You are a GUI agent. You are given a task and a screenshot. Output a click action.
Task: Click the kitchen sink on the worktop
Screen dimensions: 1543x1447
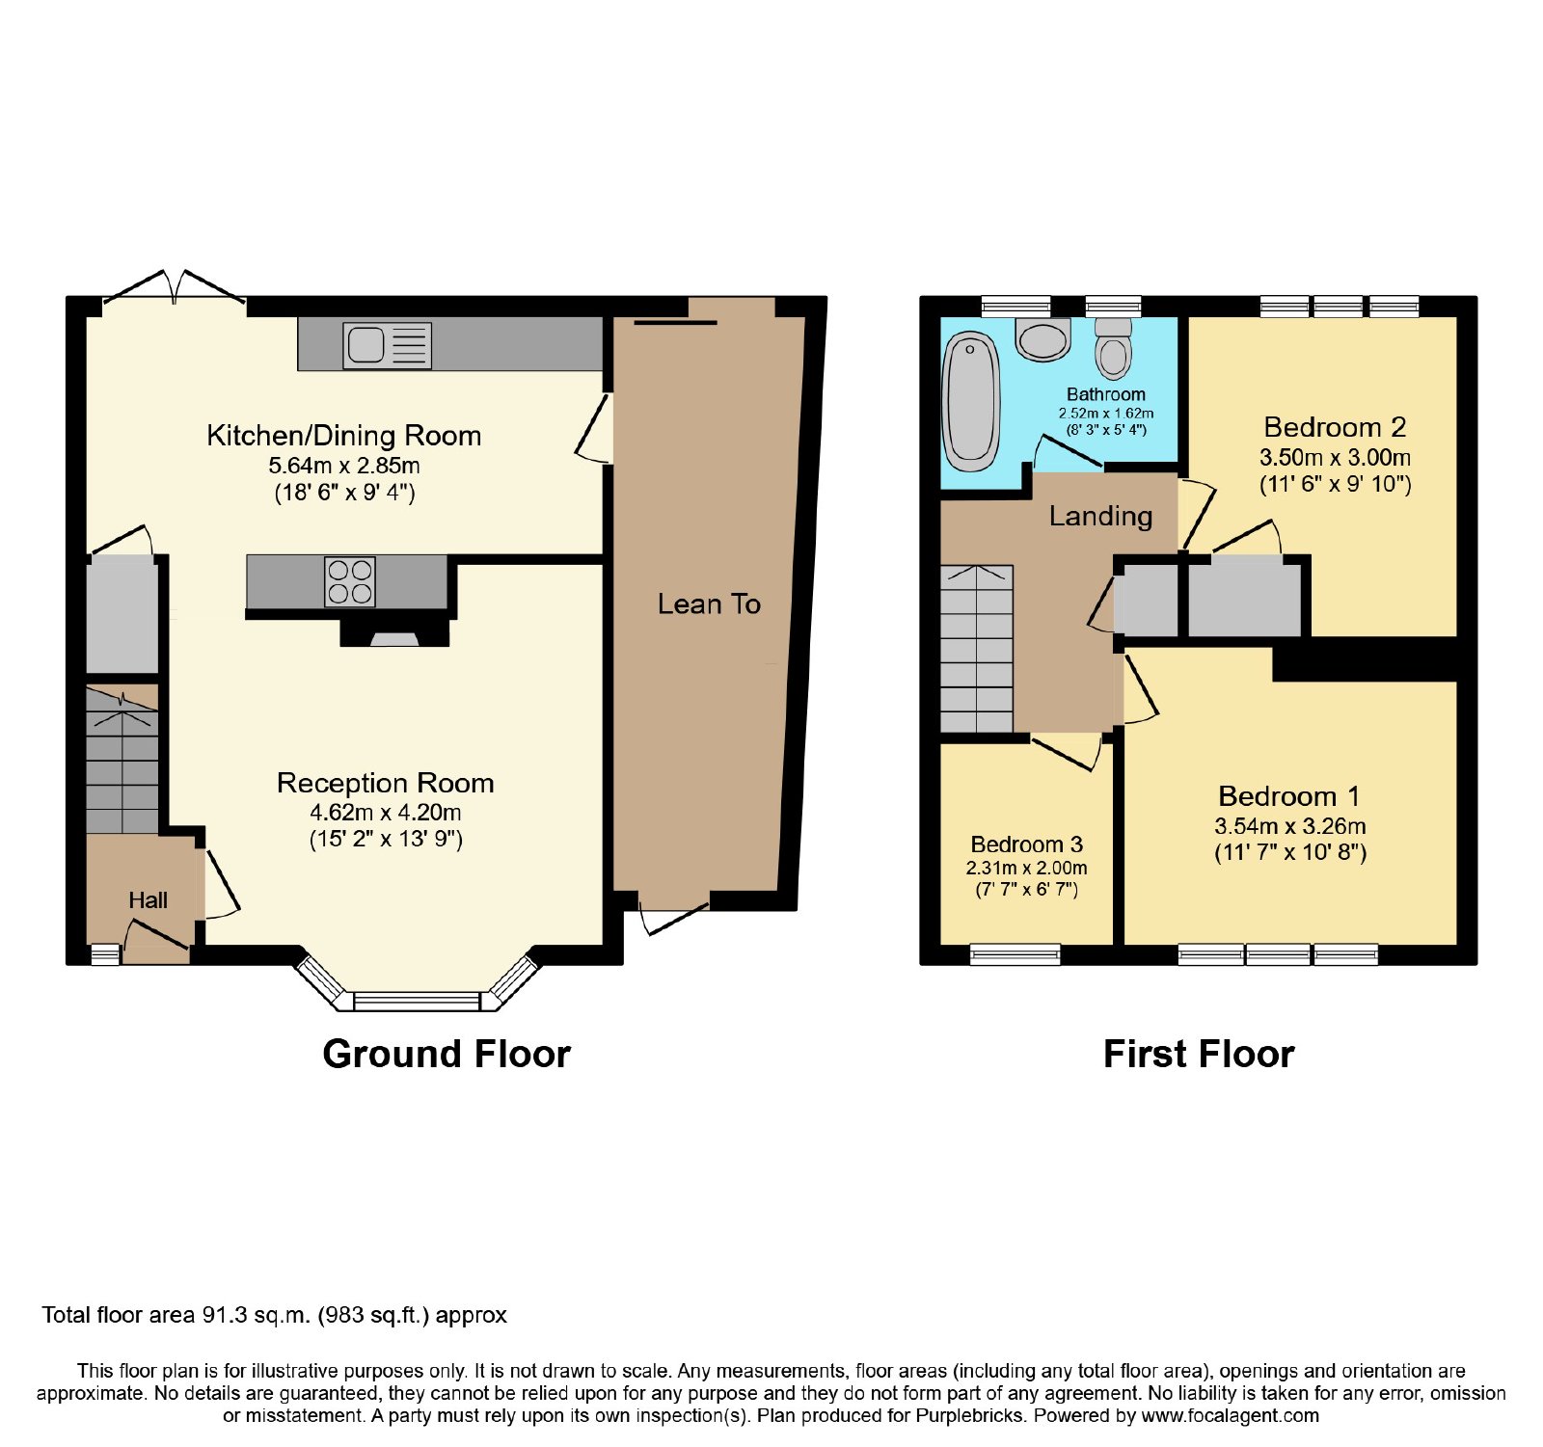[x=387, y=345]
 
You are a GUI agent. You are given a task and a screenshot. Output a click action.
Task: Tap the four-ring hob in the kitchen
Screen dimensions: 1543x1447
[x=349, y=581]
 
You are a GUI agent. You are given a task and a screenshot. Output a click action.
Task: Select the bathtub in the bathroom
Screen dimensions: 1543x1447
[x=970, y=401]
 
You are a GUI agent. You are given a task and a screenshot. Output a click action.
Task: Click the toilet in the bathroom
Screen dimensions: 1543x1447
[x=1113, y=348]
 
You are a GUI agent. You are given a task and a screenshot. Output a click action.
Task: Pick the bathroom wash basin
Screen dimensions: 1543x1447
[x=1043, y=339]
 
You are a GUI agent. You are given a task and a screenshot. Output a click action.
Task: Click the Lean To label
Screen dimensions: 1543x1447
[x=709, y=604]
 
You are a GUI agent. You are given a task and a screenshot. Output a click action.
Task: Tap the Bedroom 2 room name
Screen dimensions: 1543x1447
[x=1335, y=427]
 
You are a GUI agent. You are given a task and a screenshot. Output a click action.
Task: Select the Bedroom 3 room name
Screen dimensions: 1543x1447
[x=1026, y=844]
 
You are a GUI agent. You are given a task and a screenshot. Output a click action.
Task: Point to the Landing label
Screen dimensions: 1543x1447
[x=1100, y=517]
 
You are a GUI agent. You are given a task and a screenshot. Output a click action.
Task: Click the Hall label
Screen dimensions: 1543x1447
[x=148, y=900]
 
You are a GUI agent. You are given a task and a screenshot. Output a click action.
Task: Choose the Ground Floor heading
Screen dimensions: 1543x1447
[x=447, y=1054]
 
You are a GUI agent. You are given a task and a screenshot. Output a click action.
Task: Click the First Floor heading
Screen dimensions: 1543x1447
[x=1198, y=1054]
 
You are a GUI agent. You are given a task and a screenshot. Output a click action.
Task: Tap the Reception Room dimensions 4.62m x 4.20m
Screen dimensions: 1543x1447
[x=386, y=812]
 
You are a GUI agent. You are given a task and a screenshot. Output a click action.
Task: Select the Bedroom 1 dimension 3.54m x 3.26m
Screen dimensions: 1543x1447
[x=1290, y=825]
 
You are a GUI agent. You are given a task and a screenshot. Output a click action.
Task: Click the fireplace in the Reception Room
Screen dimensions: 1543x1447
[x=394, y=632]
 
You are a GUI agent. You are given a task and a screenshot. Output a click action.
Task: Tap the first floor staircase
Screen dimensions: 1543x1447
[x=977, y=649]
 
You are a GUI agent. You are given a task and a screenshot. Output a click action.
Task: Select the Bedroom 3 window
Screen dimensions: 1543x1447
[x=1015, y=954]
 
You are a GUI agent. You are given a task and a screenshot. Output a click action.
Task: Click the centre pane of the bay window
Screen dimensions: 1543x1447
[x=417, y=1002]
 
